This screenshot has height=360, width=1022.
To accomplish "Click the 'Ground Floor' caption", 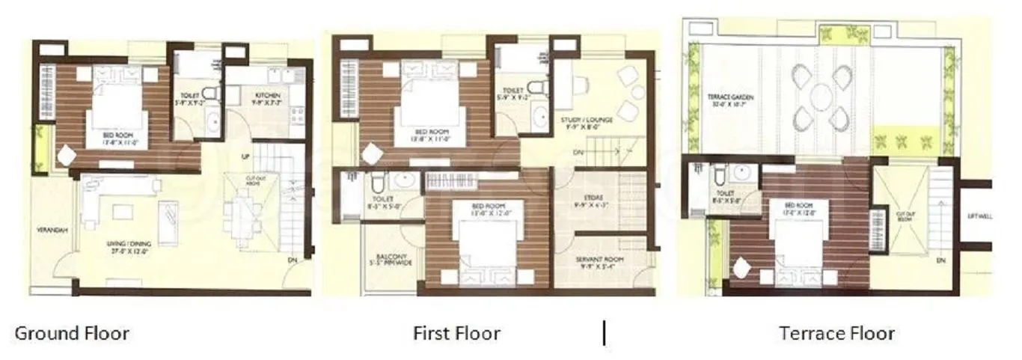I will [72, 332].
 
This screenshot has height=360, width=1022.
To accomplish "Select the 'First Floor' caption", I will [456, 332].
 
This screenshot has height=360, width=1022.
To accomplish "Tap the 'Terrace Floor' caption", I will [836, 332].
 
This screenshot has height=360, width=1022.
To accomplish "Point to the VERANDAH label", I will [52, 231].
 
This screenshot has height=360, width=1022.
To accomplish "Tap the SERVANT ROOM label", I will [600, 261].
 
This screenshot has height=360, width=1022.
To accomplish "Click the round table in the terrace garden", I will [821, 97].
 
